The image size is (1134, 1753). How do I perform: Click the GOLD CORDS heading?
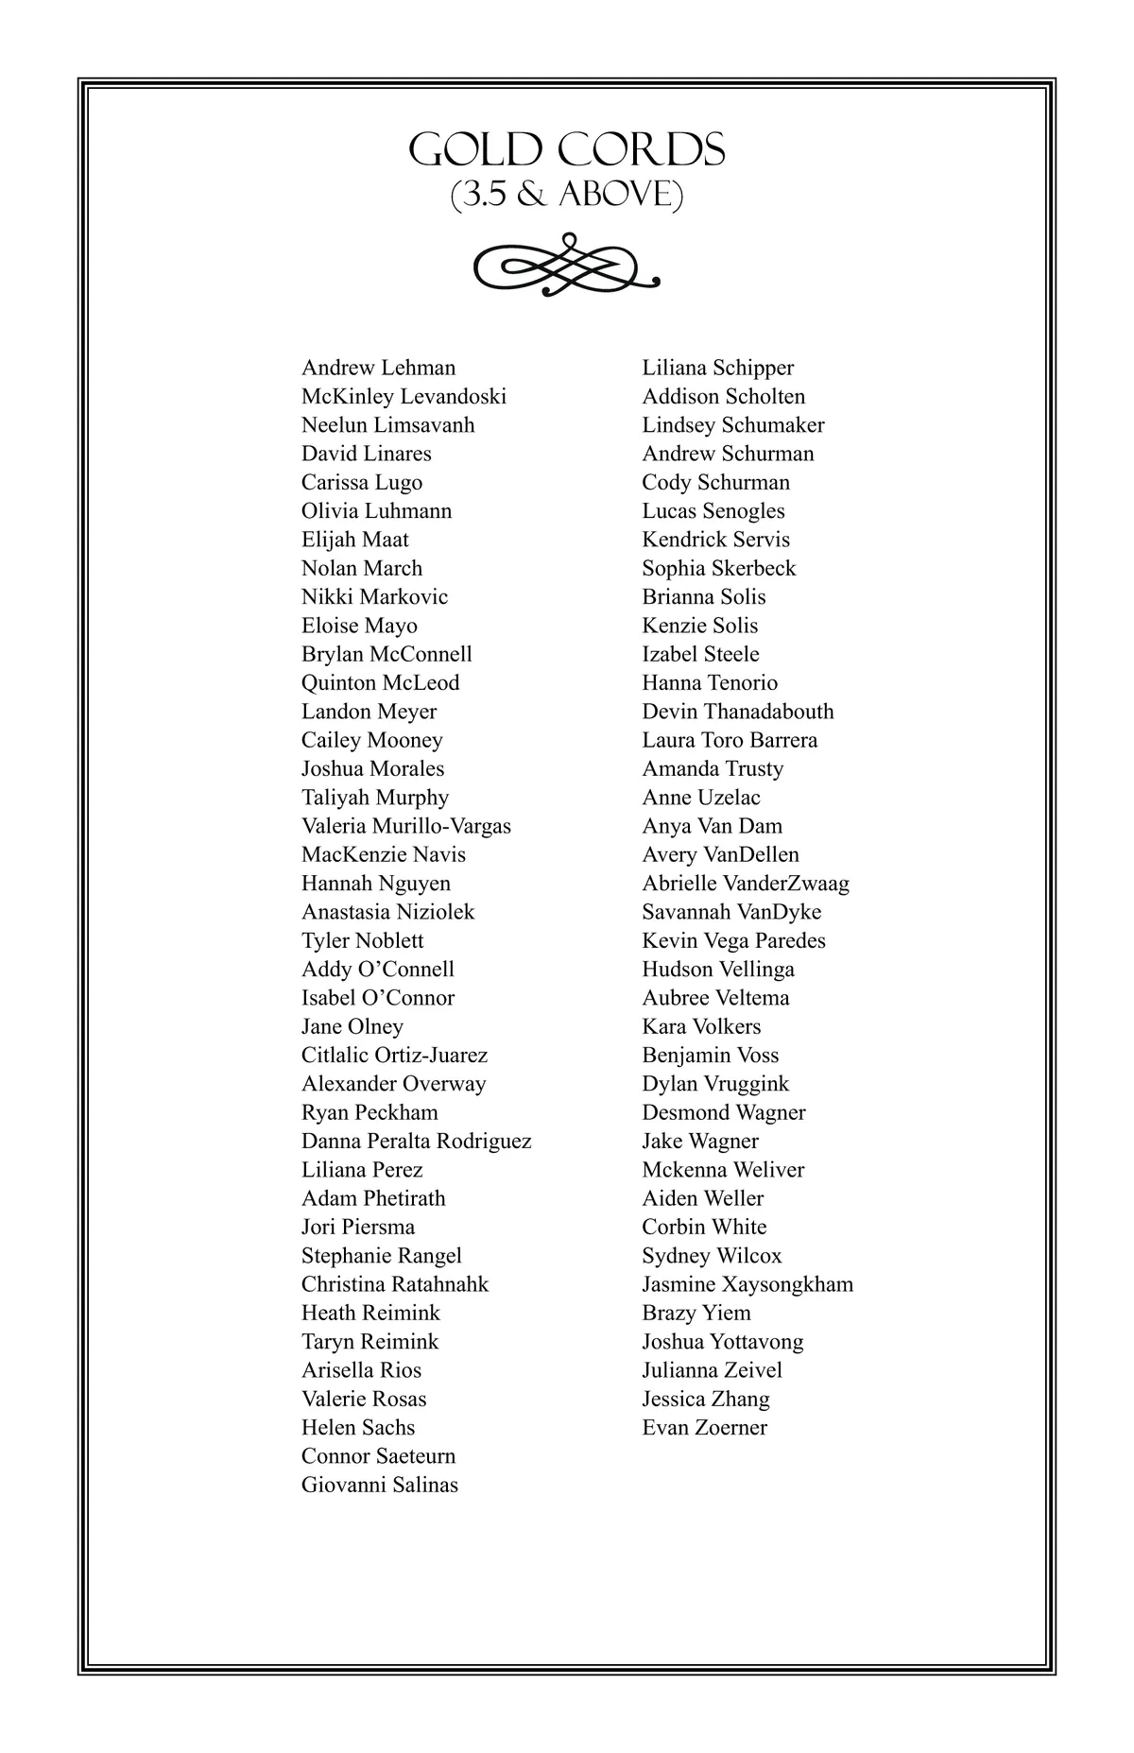tap(567, 150)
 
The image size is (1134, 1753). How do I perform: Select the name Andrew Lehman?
tap(378, 368)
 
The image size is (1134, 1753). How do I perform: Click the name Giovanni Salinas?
tap(379, 1485)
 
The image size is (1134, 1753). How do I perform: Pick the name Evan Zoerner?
tap(704, 1427)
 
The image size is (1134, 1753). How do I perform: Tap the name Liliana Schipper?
tap(717, 368)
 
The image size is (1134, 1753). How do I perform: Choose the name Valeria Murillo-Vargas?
tap(406, 826)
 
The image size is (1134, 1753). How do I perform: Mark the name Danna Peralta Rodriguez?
tap(416, 1141)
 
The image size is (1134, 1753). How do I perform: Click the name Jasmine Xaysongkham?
tap(747, 1284)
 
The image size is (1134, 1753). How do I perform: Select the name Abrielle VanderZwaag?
tap(746, 884)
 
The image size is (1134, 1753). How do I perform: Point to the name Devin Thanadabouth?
tap(738, 712)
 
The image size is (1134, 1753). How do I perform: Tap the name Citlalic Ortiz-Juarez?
tap(394, 1055)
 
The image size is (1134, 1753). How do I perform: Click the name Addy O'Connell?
tap(377, 970)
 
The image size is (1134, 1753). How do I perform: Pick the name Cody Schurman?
tap(715, 482)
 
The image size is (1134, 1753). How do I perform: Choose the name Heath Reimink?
tap(370, 1313)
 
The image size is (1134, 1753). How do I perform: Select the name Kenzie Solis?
tap(699, 626)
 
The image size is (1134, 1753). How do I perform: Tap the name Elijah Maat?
tap(355, 540)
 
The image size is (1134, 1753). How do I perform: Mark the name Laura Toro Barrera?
tap(730, 740)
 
